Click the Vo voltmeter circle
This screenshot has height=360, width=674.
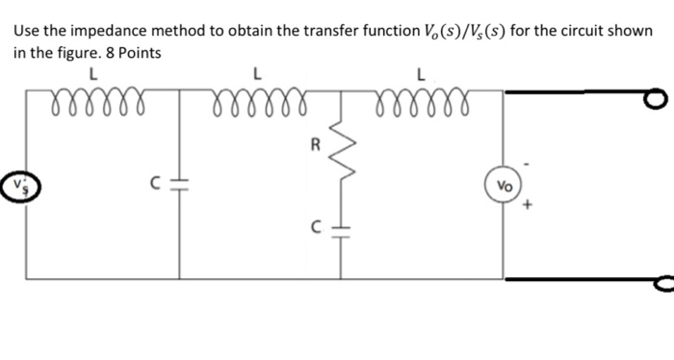pos(505,186)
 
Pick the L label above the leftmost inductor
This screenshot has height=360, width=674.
pos(92,70)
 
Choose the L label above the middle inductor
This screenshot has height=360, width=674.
pos(255,70)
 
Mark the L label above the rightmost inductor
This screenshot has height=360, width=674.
pos(420,70)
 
